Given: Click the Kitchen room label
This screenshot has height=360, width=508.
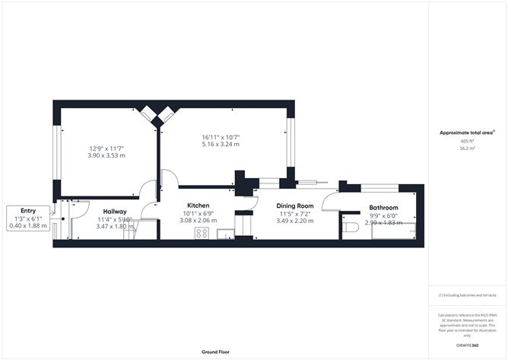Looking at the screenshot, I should point(198,205).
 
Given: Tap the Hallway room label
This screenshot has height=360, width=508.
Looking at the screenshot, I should point(115,212).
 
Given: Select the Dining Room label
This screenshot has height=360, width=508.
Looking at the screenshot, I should point(295,205).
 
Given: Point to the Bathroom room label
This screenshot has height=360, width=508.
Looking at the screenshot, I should point(384,208).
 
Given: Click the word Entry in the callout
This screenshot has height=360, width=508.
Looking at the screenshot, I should point(28,211).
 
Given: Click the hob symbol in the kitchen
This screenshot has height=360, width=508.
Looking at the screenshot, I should point(202,233).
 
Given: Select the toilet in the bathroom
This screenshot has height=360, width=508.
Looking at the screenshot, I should point(351,228).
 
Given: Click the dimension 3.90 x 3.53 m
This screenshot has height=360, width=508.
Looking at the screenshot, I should point(106,155).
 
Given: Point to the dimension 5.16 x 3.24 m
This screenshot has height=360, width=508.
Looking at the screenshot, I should point(221,144).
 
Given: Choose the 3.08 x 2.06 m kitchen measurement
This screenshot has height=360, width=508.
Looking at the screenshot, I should point(198,221).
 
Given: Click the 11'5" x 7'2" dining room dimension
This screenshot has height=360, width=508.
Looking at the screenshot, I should point(295,213).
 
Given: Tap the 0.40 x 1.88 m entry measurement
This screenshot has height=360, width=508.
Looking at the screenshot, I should point(28,225).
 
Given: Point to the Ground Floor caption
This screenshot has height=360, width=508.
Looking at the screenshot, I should point(216,352).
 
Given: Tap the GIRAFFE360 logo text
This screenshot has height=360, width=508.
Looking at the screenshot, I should point(466,345).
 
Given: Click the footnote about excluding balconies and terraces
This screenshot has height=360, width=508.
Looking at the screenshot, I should point(466,295).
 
